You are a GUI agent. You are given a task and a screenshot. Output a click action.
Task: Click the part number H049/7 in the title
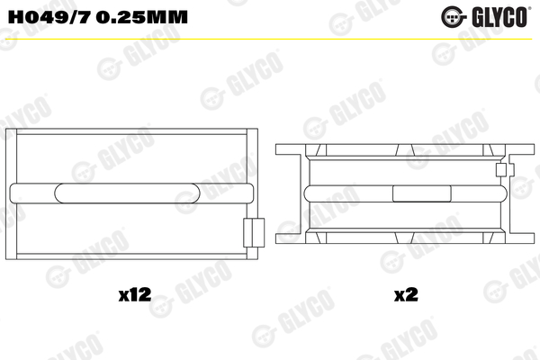point(49,17)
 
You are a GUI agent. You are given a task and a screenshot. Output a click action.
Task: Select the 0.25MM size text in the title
point(142,17)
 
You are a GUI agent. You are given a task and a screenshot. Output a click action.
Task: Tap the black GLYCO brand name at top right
point(499,17)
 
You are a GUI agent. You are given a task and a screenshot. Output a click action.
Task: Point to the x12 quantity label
point(135,295)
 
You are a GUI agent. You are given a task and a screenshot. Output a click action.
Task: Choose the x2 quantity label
point(406,295)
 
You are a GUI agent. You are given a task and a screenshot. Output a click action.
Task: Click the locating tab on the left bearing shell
point(254,232)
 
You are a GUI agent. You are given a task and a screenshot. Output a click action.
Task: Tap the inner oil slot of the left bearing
point(127,193)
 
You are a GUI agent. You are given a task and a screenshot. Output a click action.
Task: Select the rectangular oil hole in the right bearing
point(422,193)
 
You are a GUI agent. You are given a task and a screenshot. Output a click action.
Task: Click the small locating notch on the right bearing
point(501,170)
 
